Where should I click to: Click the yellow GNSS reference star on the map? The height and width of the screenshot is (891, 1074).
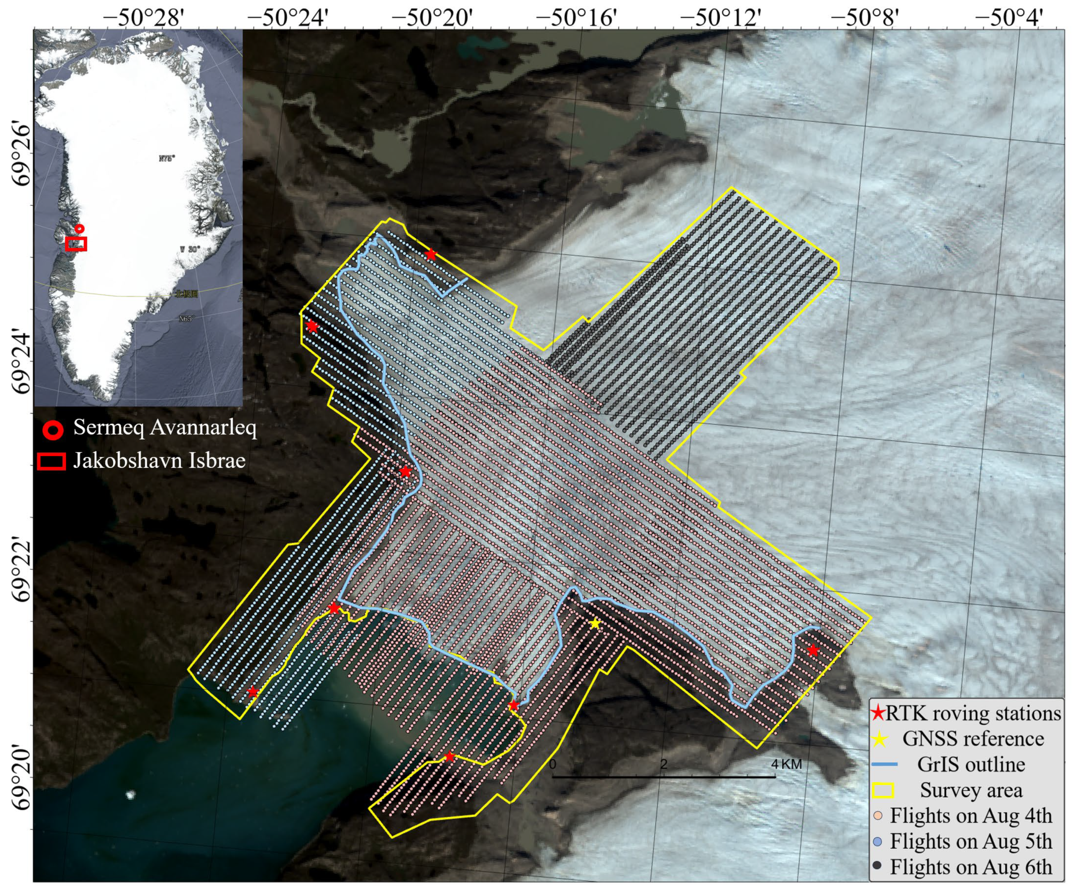(594, 623)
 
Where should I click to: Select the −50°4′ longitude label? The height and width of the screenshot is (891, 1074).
(1008, 18)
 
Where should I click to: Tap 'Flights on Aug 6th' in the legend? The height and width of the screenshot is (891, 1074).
(971, 867)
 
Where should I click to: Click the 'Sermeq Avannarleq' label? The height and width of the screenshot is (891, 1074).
(165, 427)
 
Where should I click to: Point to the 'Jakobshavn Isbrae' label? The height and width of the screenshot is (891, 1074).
(159, 460)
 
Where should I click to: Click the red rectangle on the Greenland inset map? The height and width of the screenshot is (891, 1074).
(76, 244)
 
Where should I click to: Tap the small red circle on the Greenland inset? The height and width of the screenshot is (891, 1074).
(79, 229)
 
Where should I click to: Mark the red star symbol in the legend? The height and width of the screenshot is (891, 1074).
(878, 713)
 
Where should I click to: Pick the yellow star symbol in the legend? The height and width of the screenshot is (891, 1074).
(879, 739)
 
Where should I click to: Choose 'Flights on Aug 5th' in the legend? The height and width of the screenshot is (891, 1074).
(971, 841)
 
